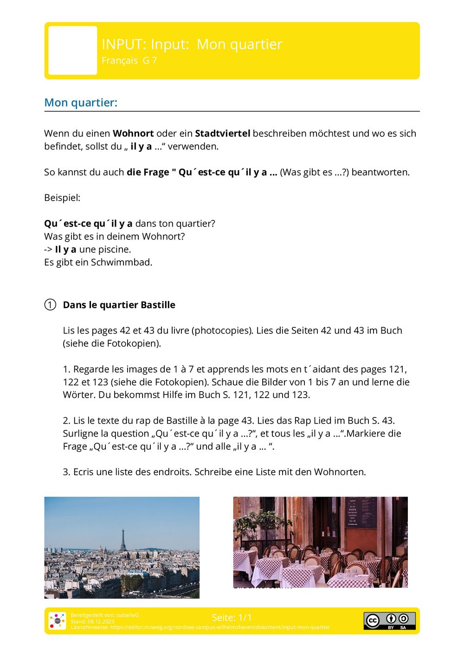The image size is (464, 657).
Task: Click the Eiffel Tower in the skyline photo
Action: click(123, 541)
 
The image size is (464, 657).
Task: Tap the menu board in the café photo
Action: click(361, 513)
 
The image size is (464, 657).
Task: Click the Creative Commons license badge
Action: click(389, 621)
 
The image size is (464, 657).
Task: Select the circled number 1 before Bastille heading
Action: click(50, 305)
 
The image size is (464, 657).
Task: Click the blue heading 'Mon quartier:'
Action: click(81, 103)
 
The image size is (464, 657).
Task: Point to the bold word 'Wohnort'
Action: click(133, 134)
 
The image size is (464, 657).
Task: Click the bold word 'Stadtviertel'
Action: click(222, 134)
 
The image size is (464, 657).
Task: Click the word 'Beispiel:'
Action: click(62, 198)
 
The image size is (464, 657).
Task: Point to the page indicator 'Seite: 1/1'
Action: click(232, 618)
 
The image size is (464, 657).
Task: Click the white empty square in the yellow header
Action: click(73, 51)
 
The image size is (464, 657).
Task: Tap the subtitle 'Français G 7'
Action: click(129, 60)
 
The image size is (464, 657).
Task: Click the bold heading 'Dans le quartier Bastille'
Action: click(119, 305)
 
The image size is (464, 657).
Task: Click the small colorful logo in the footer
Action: click(58, 621)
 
